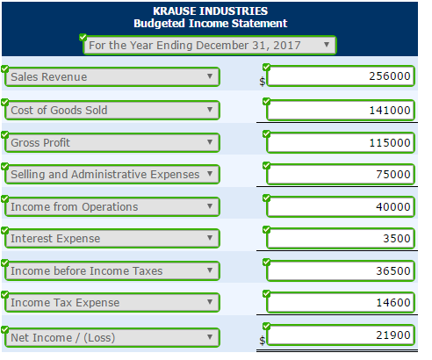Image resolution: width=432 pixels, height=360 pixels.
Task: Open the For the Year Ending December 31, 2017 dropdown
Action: click(x=209, y=44)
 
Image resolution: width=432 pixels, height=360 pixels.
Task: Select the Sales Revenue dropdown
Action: click(x=112, y=76)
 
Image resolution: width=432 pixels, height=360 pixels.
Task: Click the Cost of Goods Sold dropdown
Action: click(x=112, y=110)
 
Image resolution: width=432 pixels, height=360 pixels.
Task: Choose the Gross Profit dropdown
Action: click(x=112, y=142)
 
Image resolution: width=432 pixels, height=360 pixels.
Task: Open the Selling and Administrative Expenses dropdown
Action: click(x=112, y=174)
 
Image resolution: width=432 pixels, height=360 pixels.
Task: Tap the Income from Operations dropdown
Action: click(x=112, y=206)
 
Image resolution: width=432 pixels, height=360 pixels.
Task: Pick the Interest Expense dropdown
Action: click(x=112, y=238)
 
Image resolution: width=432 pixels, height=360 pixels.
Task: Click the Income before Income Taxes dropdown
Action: click(x=112, y=270)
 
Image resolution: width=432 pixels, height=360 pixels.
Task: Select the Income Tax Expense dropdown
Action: click(x=112, y=303)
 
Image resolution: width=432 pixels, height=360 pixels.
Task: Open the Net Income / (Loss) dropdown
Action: click(x=112, y=337)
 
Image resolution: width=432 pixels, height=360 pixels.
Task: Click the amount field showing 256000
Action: click(x=341, y=76)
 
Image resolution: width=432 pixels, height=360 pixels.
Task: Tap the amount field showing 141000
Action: click(x=341, y=110)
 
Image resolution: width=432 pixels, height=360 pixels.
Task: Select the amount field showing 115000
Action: click(x=341, y=142)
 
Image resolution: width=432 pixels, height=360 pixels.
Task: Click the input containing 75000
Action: click(x=341, y=174)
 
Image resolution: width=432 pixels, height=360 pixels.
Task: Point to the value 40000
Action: click(x=341, y=206)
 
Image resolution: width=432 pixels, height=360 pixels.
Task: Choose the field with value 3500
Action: click(x=341, y=238)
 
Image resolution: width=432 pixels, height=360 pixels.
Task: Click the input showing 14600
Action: click(x=341, y=303)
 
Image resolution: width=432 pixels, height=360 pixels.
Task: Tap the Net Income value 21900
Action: click(x=341, y=337)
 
